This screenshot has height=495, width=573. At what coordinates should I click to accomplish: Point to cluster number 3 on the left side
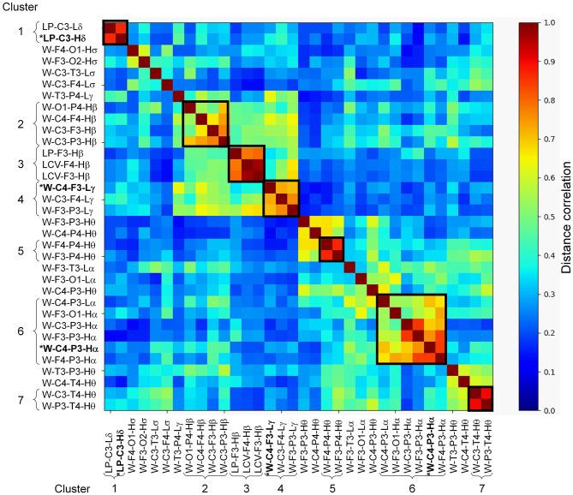pos(20,163)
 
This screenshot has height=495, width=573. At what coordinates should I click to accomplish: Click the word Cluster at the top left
pos(21,8)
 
